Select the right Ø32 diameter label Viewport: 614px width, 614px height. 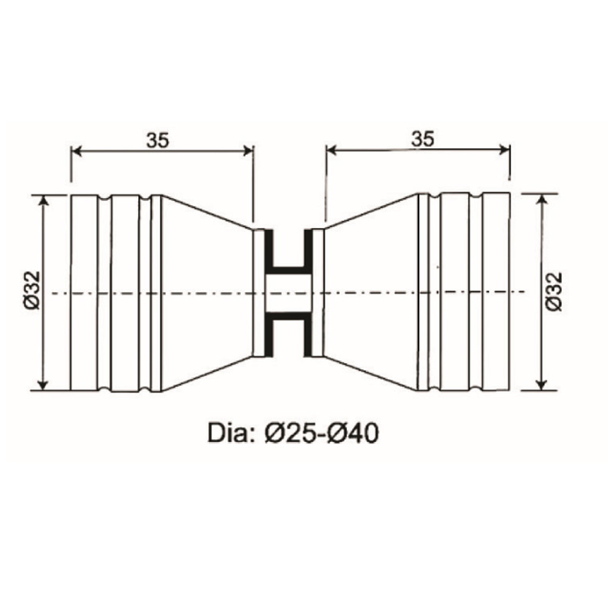(x=555, y=292)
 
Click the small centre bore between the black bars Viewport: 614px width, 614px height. (x=289, y=292)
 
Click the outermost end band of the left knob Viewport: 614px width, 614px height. (x=84, y=292)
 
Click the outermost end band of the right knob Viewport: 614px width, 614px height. (x=497, y=292)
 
